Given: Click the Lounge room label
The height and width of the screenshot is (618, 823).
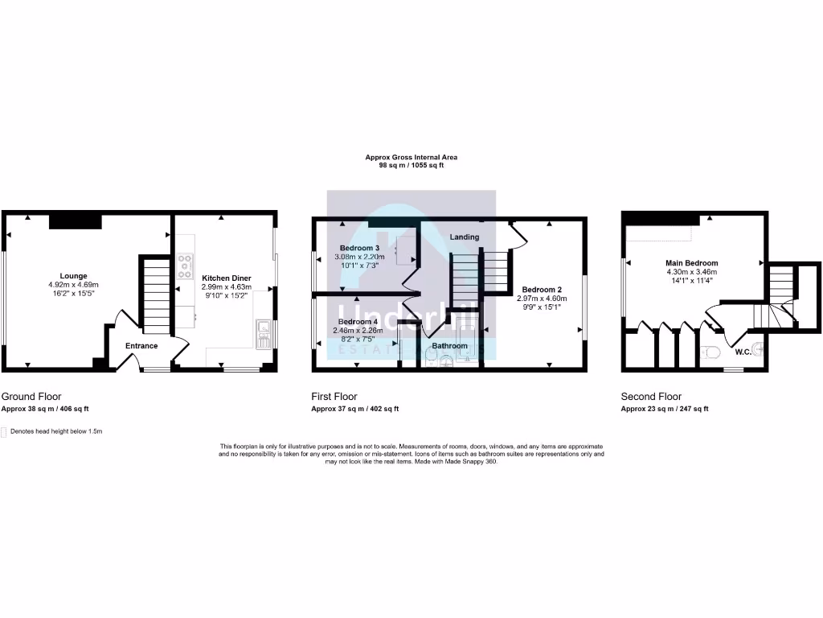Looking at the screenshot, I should coord(73,276).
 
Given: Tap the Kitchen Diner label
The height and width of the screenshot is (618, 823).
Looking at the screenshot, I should coord(226,278).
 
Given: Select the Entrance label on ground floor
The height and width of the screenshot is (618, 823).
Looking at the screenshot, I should coord(141,346).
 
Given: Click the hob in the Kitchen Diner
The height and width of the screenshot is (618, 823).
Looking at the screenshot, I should coord(186,266).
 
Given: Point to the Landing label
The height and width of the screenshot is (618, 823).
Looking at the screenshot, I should coord(465,237).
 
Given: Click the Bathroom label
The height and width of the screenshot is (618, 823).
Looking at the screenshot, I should coord(449,346).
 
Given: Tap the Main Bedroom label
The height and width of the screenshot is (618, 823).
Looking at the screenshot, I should coord(691,263).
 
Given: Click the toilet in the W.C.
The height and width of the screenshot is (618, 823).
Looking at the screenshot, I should coord(709,352).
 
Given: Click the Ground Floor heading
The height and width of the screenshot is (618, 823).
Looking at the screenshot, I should coord(31,397).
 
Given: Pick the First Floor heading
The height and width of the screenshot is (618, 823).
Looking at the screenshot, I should coord(334,397).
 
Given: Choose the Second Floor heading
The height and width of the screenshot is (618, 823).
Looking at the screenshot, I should coord(651,397).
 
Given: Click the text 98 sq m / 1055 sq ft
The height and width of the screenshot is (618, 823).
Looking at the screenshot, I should coord(411,165).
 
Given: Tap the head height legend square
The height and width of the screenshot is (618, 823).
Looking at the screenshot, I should coord(4,432).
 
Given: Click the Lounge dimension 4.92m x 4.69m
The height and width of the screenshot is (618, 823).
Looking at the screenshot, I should coord(73,285).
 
